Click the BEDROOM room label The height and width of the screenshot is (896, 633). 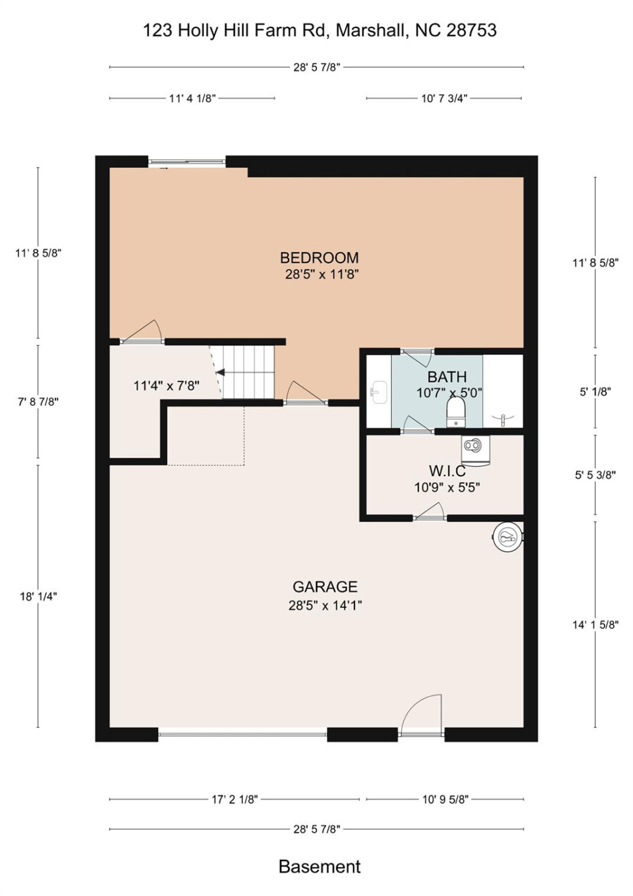(x=319, y=258)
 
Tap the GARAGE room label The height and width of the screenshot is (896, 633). (x=325, y=587)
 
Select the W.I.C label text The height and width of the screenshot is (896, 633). (x=447, y=471)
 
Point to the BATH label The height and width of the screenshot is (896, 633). (x=446, y=377)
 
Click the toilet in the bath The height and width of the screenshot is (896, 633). (x=456, y=411)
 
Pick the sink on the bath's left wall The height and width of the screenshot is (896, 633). (x=378, y=393)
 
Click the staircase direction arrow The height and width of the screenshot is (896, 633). (x=219, y=373)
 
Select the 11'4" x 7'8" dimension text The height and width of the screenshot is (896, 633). (x=166, y=386)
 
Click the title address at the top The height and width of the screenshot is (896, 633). (x=320, y=30)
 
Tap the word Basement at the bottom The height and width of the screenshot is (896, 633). (x=319, y=867)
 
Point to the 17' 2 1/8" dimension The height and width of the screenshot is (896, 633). (x=234, y=800)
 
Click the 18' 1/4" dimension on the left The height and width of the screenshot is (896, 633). (x=38, y=596)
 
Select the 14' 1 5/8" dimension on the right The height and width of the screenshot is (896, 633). (x=595, y=625)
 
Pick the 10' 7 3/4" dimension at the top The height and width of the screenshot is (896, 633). (x=444, y=98)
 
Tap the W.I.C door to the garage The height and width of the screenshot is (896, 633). (x=430, y=513)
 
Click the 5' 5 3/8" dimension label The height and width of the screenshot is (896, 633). (x=595, y=475)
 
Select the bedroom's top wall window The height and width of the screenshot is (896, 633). (x=187, y=162)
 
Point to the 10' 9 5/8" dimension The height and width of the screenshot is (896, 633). (x=445, y=800)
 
